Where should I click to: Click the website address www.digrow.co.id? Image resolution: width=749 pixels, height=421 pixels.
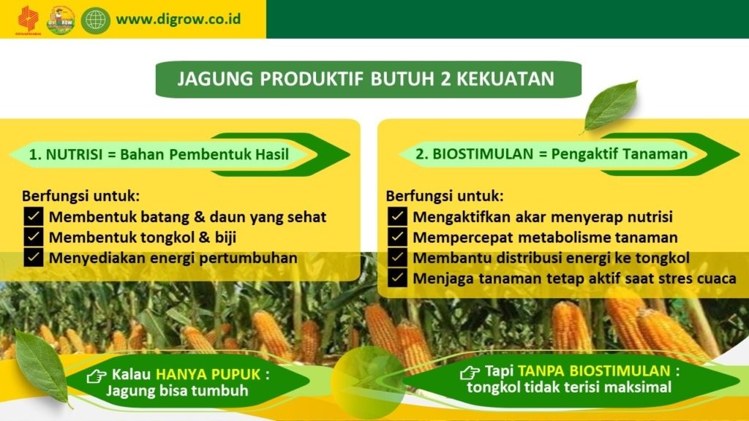(178, 20)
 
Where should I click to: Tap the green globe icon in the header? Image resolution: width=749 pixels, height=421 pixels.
(96, 20)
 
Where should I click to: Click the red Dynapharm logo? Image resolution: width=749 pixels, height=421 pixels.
(29, 20)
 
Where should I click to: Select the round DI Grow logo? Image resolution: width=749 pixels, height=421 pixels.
(61, 20)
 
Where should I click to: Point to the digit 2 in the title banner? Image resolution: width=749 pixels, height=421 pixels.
(445, 79)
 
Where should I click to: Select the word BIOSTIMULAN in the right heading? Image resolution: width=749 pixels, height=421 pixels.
(483, 153)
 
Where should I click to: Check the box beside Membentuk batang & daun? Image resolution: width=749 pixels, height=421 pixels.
(34, 216)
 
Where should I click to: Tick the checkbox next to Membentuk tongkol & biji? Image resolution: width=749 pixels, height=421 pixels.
(34, 237)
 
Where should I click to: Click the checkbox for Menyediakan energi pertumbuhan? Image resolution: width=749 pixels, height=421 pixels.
(34, 257)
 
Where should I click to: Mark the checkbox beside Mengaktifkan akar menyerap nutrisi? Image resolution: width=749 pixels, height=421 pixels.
(397, 216)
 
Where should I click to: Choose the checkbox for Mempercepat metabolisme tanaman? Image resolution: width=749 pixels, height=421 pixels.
(397, 237)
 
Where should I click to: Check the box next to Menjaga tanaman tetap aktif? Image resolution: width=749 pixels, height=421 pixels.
(397, 278)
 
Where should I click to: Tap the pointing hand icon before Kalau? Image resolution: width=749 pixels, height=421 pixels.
(97, 376)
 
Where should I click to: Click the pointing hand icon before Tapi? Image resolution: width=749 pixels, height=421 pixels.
(470, 372)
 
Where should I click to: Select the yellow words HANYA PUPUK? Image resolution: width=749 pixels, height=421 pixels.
(208, 375)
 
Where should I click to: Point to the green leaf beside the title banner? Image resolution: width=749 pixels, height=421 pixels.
(611, 107)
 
